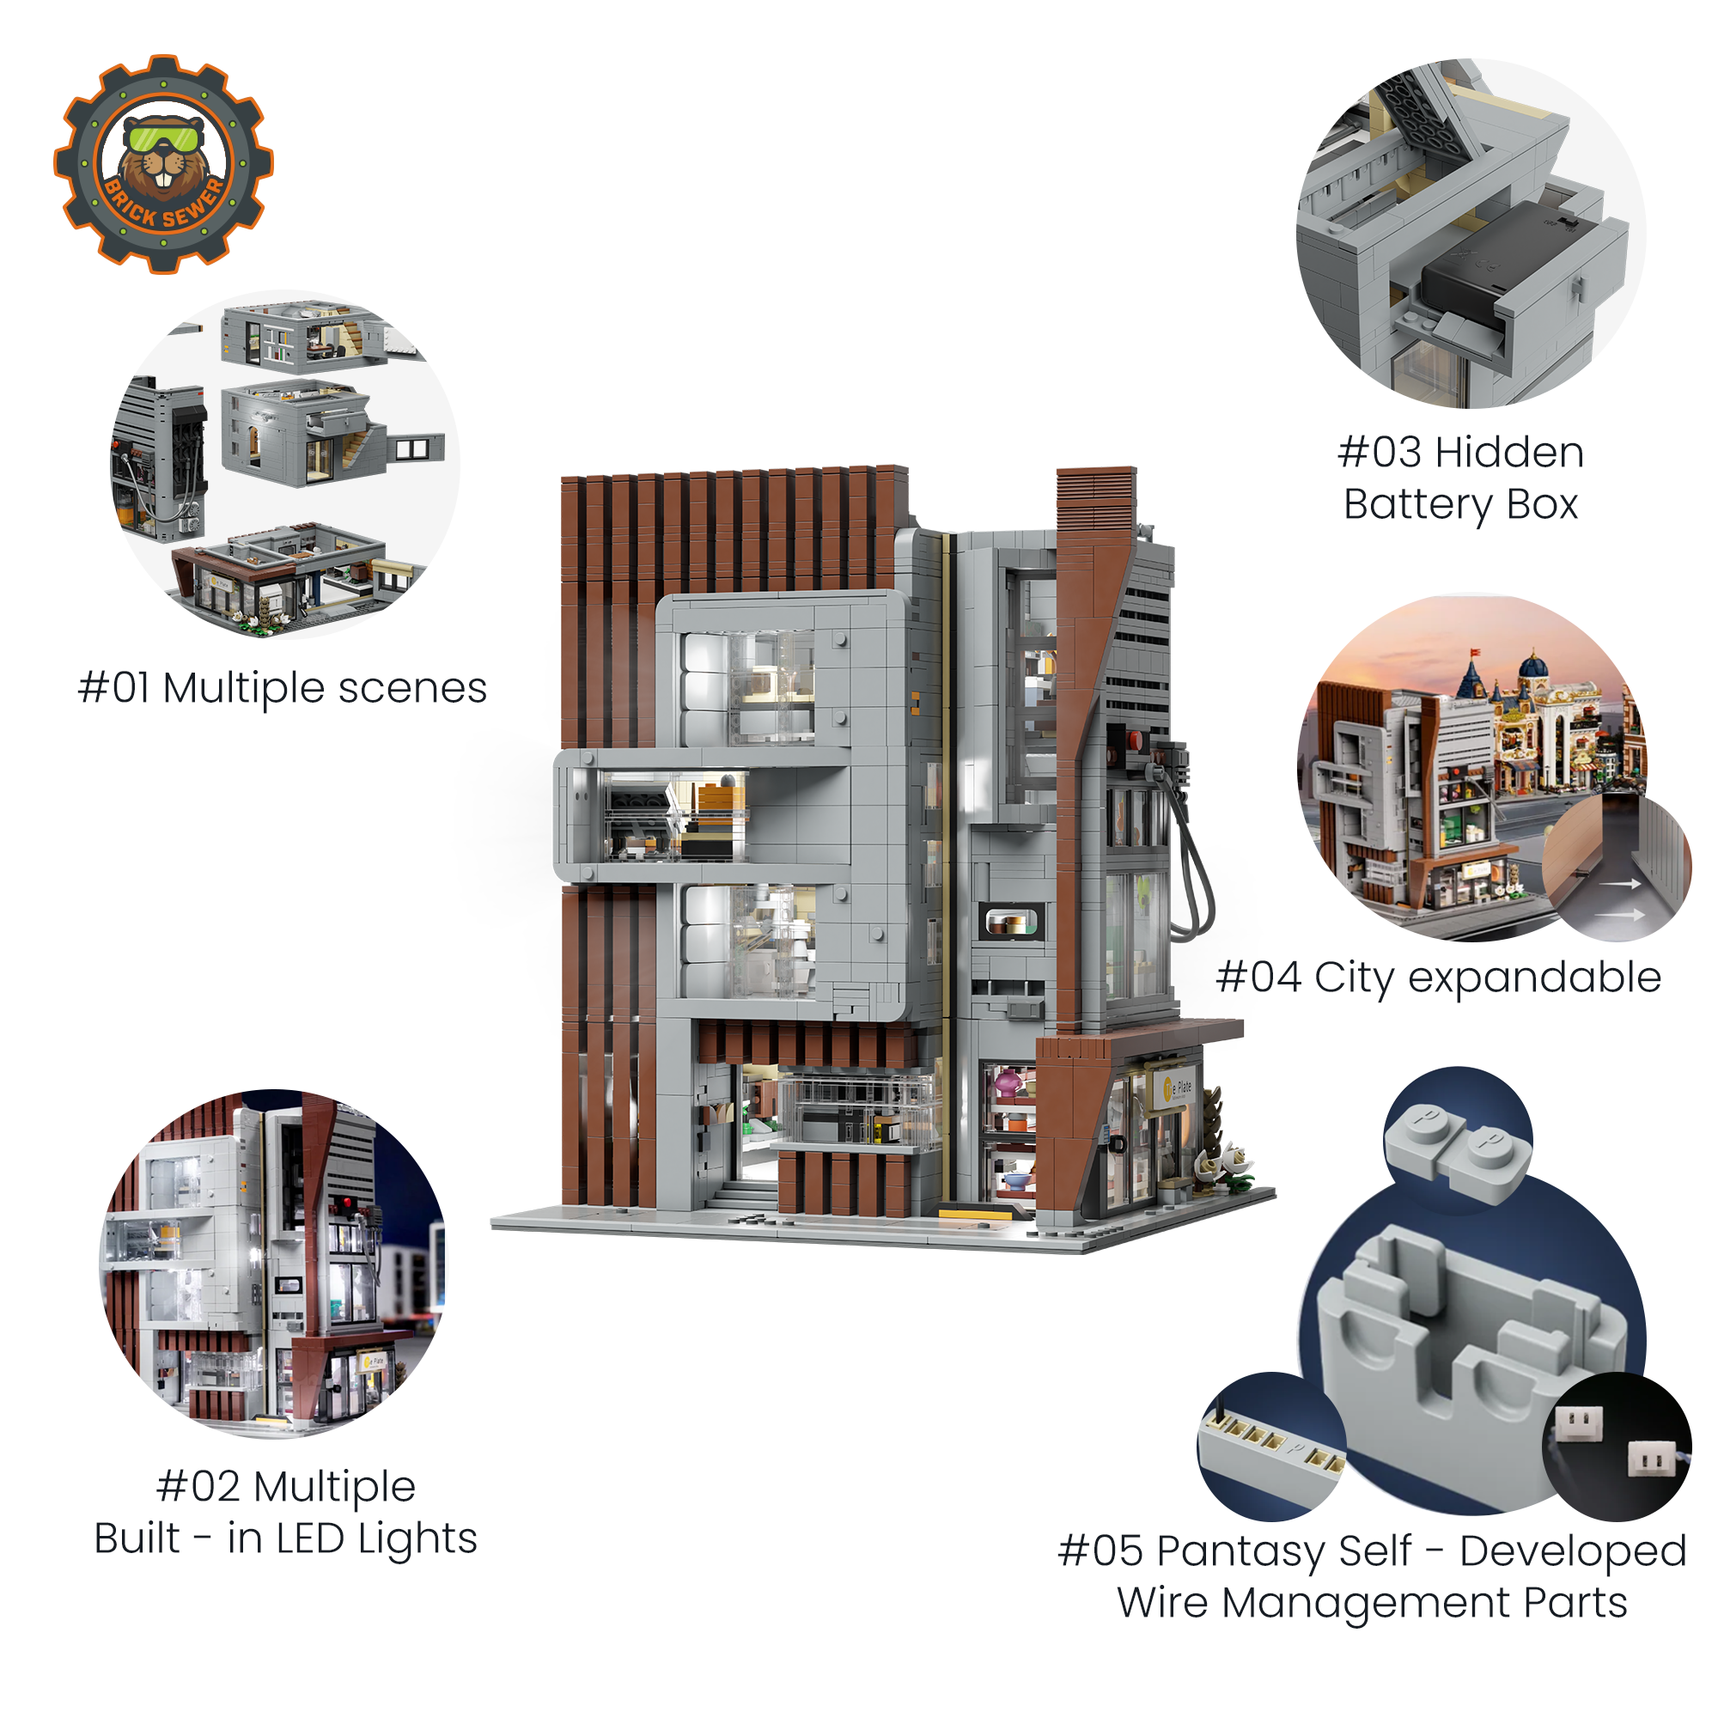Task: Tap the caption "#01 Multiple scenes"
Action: (x=283, y=688)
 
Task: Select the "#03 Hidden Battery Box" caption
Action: (x=1461, y=478)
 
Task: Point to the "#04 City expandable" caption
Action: (x=1439, y=978)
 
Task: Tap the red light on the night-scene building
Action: (x=345, y=1203)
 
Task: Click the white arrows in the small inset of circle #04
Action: (x=1618, y=899)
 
